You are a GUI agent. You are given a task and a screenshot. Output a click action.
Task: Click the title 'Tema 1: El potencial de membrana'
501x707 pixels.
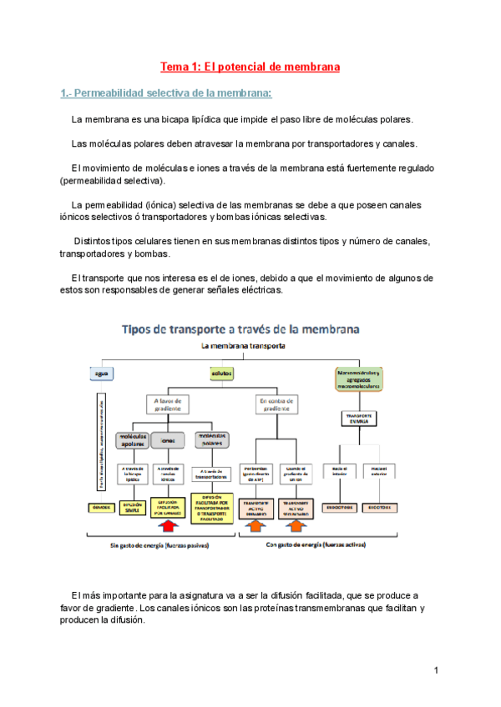point(250,66)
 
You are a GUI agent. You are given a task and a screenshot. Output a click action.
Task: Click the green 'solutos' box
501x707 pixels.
point(221,374)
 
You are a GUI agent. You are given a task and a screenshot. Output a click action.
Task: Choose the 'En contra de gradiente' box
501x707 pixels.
point(274,404)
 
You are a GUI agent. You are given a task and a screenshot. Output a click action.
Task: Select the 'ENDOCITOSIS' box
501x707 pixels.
point(340,506)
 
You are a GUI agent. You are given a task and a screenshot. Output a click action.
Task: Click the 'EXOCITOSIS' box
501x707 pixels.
point(381,506)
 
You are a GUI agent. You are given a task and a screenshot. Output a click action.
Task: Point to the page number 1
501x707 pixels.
point(436,670)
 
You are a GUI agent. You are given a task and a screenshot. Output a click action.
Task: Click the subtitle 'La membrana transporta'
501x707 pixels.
point(243,345)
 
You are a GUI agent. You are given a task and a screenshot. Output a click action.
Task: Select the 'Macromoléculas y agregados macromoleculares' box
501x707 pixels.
point(357,379)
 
